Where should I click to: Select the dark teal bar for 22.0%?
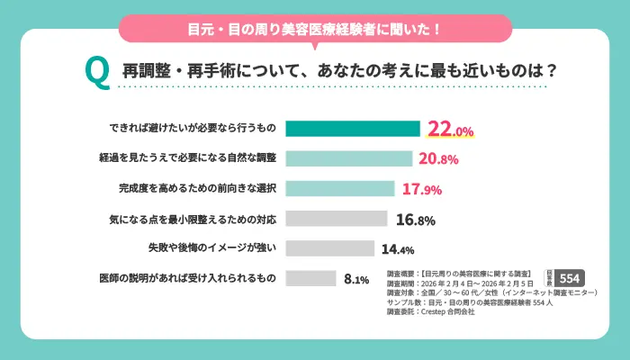pos(353,128)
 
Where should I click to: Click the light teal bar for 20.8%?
pos(348,157)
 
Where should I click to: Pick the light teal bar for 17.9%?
pos(340,188)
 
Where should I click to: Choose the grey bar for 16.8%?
pos(337,219)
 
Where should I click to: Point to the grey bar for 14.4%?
pos(329,248)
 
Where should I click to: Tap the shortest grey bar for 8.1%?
pos(310,278)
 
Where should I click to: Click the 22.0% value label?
pos(450,130)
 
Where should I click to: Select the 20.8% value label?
pos(439,159)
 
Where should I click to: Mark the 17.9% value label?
pos(422,190)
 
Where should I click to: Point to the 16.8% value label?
pos(416,220)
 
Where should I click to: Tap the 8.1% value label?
pos(356,279)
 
